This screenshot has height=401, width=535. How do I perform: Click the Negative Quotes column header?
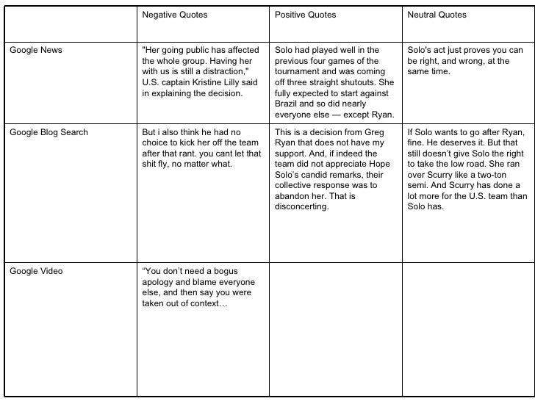(174, 15)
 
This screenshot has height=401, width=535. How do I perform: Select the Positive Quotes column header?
(305, 15)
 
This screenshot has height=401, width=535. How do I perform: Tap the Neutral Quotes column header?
(437, 15)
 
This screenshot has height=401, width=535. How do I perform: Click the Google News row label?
(36, 50)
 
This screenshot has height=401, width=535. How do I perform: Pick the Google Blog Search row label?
(49, 132)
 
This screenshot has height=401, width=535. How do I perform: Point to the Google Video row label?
(36, 271)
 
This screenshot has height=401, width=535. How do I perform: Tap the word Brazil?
(288, 104)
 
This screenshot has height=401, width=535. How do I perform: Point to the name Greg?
(375, 132)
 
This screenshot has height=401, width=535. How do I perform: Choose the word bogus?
(226, 271)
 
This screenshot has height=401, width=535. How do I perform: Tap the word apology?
(159, 282)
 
